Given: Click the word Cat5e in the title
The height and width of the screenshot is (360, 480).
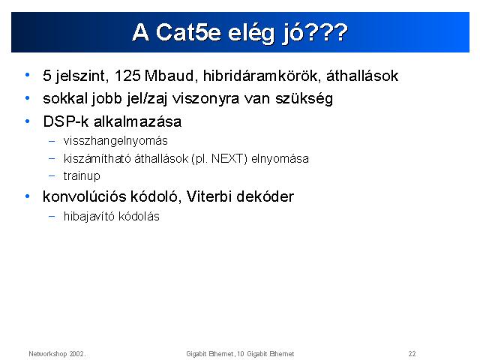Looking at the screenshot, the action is [188, 32].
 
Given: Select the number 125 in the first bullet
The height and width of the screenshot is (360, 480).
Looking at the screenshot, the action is [127, 76].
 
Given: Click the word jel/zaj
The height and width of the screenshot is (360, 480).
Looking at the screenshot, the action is [147, 99].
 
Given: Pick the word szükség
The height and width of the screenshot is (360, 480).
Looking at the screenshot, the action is [304, 99].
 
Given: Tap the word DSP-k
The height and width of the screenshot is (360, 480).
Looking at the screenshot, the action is [66, 121].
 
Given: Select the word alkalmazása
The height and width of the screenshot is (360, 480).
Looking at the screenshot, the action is [137, 121].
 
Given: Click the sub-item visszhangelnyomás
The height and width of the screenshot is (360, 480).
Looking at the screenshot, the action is [115, 141].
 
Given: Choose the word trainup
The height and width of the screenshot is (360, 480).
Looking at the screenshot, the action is [82, 176].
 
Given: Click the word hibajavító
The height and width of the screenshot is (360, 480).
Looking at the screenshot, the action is [89, 217].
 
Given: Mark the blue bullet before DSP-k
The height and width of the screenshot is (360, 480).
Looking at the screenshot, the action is [28, 121].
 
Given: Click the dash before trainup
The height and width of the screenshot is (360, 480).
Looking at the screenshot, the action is [52, 176].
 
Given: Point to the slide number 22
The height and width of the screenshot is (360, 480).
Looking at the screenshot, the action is [412, 354].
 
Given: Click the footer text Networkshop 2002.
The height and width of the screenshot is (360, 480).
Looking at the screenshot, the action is [57, 354].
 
